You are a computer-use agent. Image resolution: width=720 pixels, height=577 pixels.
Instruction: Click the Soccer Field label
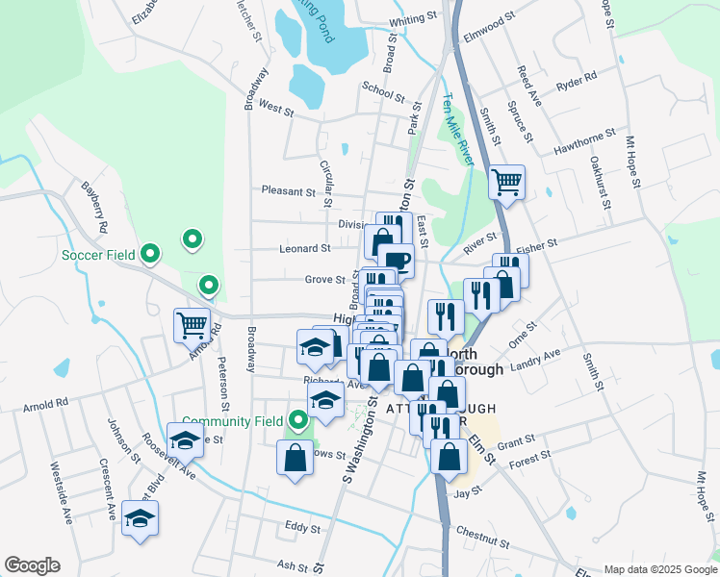pos(98,255)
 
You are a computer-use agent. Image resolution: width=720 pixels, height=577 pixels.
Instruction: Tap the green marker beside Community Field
pos(298,420)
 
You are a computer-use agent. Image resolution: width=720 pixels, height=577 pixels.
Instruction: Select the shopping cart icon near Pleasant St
pos(506,181)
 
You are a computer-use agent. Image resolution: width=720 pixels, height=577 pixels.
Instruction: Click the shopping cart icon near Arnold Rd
pos(193,324)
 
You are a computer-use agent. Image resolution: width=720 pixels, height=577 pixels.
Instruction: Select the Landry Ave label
pos(537,358)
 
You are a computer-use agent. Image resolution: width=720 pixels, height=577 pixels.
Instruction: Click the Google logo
pos(32,565)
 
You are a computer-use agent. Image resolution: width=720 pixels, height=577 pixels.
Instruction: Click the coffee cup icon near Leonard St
pos(396,260)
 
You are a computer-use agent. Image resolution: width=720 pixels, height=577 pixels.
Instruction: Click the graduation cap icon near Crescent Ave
pos(141,518)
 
